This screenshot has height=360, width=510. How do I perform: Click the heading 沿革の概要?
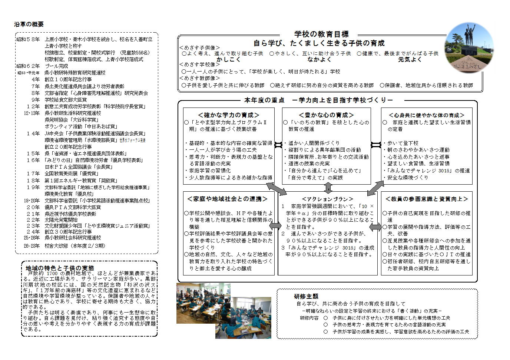29,24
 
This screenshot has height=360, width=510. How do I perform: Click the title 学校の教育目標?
321,34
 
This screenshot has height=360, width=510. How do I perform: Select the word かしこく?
229,60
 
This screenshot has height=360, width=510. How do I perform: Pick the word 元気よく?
410,60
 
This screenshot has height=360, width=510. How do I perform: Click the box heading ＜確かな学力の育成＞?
229,115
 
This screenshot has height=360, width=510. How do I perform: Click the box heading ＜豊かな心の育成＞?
326,115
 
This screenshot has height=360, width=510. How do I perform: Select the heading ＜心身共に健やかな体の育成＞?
427,115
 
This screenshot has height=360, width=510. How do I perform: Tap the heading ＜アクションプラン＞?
328,199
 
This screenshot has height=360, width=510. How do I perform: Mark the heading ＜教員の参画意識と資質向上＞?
427,199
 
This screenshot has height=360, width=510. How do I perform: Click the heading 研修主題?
306,297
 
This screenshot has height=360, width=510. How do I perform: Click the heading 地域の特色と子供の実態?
60,268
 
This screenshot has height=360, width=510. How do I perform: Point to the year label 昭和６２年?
28,66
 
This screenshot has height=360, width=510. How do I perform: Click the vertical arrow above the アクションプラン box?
328,188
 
